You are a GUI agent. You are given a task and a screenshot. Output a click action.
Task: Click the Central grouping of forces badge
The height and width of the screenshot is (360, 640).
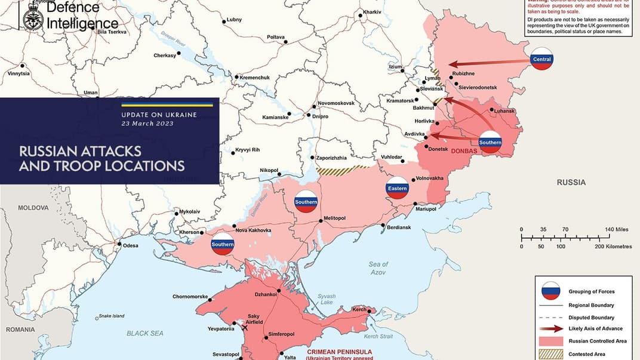coord(542,59)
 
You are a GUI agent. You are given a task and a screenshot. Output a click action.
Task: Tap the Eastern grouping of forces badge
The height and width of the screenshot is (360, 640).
coord(397,188)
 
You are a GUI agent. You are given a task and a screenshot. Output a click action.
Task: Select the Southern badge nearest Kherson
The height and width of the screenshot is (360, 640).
coord(222,244)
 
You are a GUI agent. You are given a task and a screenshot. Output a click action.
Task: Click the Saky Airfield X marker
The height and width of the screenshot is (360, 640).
coord(244,327)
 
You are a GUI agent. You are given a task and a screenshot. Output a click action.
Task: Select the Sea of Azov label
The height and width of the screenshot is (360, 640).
coord(378,268)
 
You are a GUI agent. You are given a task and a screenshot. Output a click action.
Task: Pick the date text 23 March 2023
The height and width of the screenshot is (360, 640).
coord(147,124)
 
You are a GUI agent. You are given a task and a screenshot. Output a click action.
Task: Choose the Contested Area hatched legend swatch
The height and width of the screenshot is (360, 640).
coord(550,353)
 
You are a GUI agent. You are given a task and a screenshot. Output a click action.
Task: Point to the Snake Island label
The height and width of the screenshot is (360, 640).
coord(112,316)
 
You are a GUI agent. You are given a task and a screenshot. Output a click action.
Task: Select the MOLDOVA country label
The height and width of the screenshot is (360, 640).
coord(33,208)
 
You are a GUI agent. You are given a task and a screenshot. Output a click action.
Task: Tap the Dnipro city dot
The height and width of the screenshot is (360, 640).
coord(308,115)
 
